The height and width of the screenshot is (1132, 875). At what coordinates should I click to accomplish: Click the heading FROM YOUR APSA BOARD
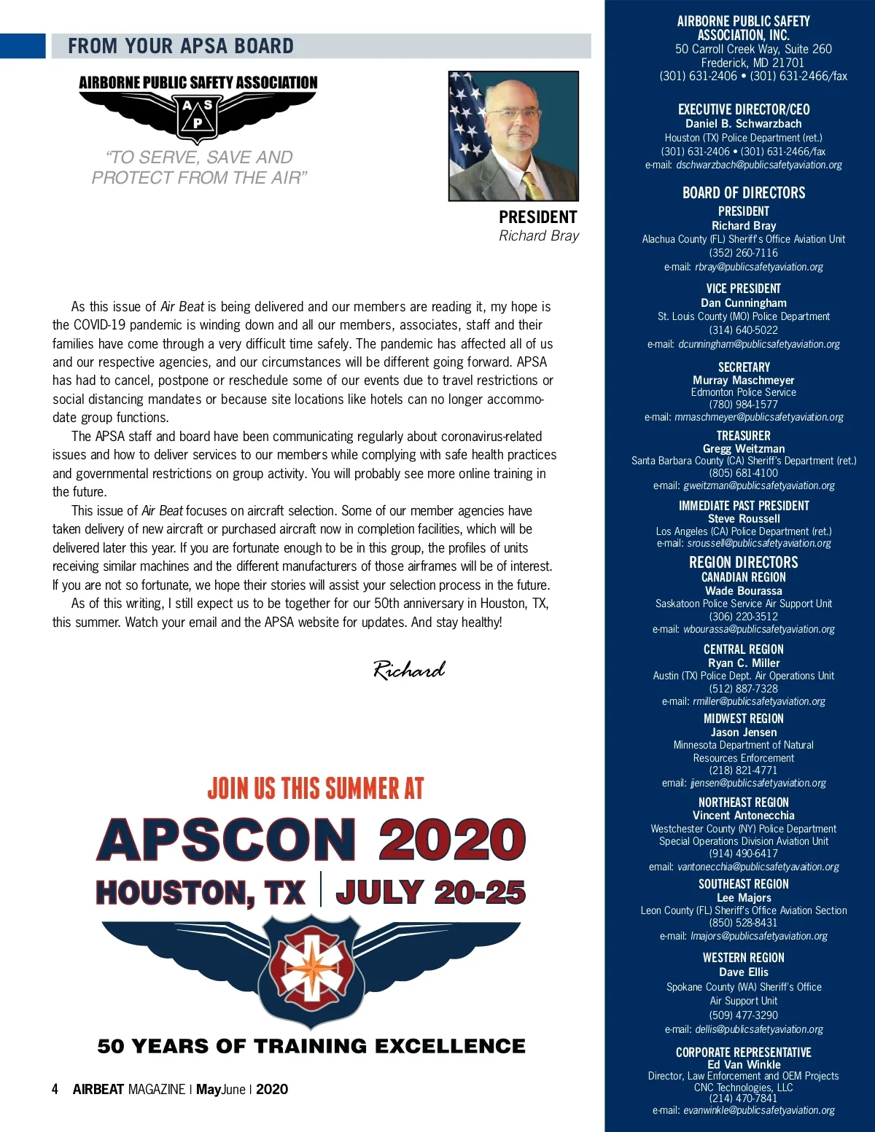click(181, 46)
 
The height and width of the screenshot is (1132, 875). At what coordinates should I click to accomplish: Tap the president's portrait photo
click(513, 136)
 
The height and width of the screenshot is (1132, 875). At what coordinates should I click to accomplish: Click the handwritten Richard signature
click(408, 669)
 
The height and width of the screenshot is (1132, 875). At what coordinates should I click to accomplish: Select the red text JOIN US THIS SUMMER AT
click(315, 789)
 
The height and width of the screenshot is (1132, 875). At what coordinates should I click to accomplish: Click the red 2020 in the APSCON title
click(451, 840)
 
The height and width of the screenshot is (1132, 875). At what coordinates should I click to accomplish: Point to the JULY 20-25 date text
click(430, 893)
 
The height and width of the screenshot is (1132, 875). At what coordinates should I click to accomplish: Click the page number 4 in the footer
click(55, 1089)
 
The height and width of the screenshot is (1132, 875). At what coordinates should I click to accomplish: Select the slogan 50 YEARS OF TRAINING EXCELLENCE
click(311, 1047)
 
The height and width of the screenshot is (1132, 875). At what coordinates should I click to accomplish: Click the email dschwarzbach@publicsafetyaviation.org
click(758, 165)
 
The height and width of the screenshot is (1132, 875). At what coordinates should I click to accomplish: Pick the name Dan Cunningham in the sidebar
click(744, 302)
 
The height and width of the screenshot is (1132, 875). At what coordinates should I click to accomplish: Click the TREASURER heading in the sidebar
click(743, 435)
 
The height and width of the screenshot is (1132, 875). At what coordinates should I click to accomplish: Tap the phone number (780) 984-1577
click(743, 405)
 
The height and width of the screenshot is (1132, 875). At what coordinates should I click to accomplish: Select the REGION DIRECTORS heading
click(743, 562)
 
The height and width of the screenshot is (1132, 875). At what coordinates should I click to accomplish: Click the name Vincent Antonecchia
click(743, 816)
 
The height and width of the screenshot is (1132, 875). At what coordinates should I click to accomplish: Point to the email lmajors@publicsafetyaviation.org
click(758, 936)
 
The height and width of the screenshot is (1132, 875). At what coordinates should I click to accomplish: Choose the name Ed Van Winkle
click(743, 1064)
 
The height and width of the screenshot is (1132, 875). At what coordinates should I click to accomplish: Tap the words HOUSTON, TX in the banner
click(200, 893)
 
